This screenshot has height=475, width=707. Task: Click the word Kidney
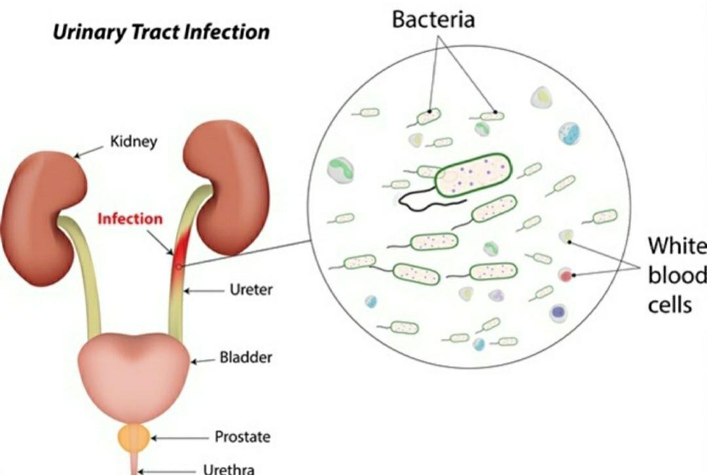134,142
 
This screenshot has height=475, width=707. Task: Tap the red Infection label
130,219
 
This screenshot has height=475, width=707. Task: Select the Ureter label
251,290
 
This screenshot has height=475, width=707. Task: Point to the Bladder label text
245,357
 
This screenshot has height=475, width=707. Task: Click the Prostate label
243,436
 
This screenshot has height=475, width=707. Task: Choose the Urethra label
229,469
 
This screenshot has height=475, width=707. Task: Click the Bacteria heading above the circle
433,20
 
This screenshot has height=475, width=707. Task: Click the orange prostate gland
134,437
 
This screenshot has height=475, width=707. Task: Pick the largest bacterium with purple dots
473,175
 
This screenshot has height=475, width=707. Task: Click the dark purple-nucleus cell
558,312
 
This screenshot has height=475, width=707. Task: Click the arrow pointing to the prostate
180,438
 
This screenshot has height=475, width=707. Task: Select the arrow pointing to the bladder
204,361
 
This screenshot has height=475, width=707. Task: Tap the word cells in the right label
670,305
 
